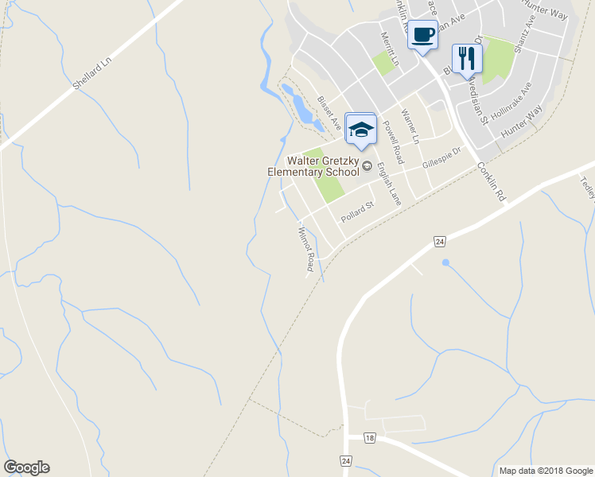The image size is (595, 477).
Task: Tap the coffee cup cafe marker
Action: [423, 35]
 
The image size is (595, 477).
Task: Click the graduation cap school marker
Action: [361, 130]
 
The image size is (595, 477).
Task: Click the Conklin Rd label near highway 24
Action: [492, 181]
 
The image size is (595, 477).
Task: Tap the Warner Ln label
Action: [410, 126]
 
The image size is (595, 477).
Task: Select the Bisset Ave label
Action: [329, 113]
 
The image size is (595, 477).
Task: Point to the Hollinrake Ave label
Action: [511, 101]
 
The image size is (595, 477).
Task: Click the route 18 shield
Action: [370, 438]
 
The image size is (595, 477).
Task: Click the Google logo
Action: [27, 467]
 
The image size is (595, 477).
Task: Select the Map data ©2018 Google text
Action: [546, 471]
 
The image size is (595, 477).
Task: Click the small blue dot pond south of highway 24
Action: [445, 262]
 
